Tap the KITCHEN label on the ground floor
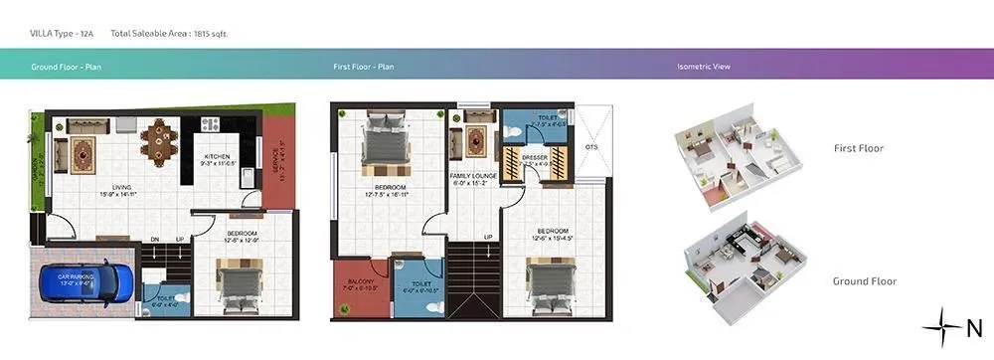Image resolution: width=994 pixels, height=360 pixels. tap(218, 157)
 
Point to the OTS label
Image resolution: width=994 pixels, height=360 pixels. tap(591, 146)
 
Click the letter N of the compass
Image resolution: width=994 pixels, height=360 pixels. tap(973, 326)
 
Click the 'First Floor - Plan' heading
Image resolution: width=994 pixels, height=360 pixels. tap(364, 68)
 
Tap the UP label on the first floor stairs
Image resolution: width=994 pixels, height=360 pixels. tap(488, 237)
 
